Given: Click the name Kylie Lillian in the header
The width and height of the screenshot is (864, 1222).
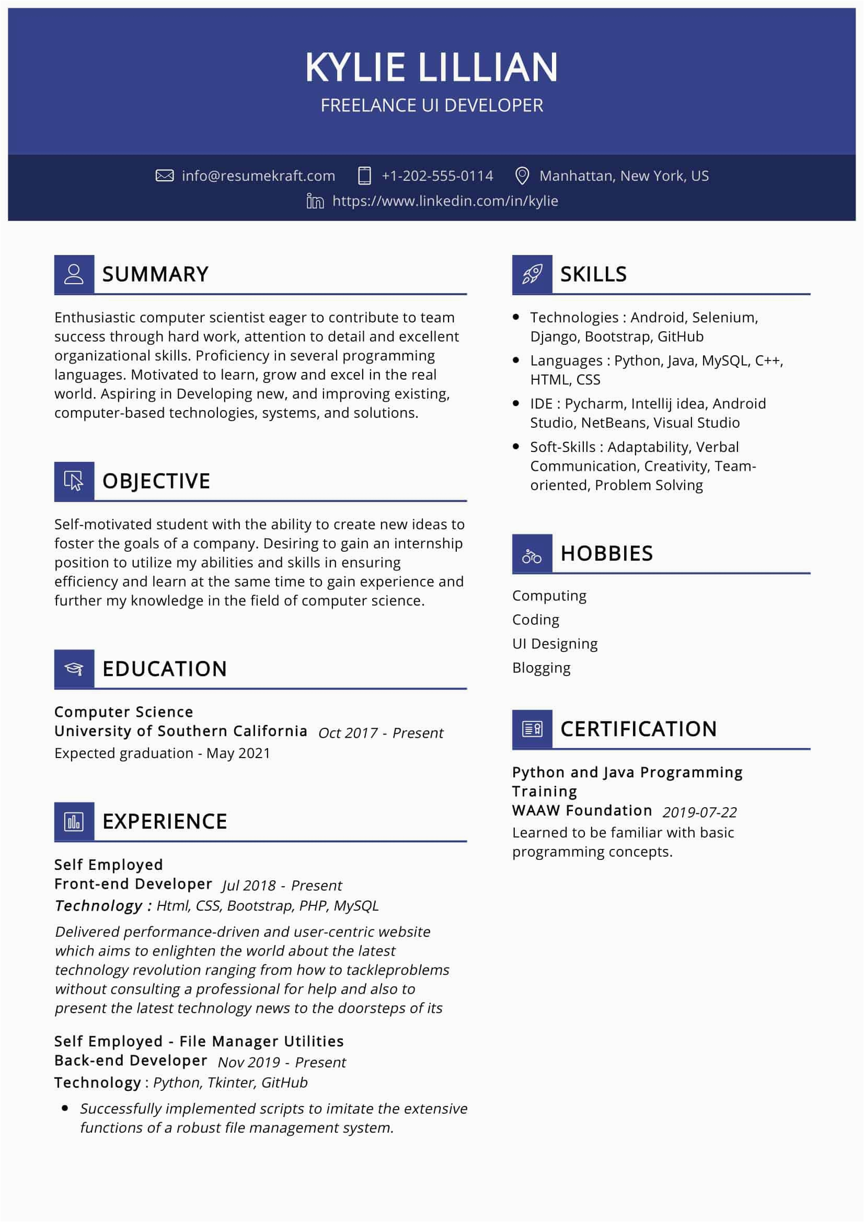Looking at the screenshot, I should [431, 67].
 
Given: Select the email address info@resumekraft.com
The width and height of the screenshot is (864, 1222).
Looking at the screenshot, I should [258, 176].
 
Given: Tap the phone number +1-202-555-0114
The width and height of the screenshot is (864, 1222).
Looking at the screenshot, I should [437, 176].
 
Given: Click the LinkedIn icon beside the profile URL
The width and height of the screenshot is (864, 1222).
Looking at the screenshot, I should [315, 201].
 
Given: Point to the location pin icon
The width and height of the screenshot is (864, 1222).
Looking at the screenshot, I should [522, 176].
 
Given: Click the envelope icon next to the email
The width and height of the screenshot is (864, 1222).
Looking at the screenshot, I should [165, 176].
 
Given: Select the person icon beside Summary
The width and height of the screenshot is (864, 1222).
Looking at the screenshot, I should [74, 274].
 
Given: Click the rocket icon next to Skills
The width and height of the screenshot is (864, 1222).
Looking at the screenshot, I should [532, 274].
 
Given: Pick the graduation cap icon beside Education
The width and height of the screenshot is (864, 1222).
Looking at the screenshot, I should [74, 669].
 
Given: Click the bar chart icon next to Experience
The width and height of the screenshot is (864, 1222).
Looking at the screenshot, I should [74, 821].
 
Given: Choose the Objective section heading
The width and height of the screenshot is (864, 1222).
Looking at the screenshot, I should [156, 481].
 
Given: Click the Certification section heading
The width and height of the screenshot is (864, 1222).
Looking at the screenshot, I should [638, 729].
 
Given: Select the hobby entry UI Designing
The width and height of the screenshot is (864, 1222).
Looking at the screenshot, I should [555, 644].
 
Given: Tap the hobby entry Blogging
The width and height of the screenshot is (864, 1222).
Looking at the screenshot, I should [541, 668].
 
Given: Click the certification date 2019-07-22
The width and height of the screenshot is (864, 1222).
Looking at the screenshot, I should [699, 812].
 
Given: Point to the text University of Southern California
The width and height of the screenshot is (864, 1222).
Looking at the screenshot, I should [180, 731].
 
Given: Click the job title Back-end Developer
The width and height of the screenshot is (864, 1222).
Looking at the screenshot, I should [131, 1061].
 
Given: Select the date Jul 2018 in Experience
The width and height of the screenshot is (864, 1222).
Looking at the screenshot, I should [249, 886].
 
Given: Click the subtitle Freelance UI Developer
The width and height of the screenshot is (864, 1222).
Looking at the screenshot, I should [432, 106].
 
